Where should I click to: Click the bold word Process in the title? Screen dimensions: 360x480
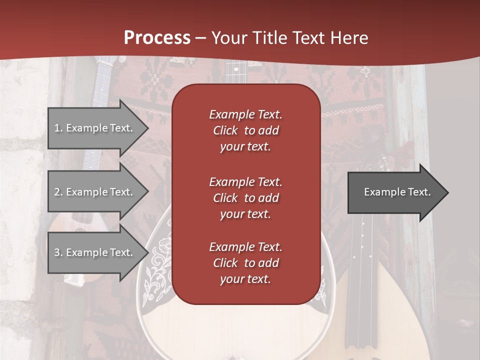[157, 38]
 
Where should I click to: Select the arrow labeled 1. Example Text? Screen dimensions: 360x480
[95, 128]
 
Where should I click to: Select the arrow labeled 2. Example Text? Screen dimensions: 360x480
[95, 192]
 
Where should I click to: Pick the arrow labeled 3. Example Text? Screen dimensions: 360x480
[95, 252]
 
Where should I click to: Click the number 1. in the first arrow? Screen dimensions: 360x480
[58, 128]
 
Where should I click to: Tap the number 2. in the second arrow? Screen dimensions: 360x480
[58, 192]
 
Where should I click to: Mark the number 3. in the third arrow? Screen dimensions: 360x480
[58, 252]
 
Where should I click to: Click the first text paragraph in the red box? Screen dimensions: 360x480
[245, 130]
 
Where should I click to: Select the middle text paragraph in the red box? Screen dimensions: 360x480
[245, 198]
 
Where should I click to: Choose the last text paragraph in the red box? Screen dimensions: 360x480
[245, 263]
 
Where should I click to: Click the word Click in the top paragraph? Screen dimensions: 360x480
[225, 130]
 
